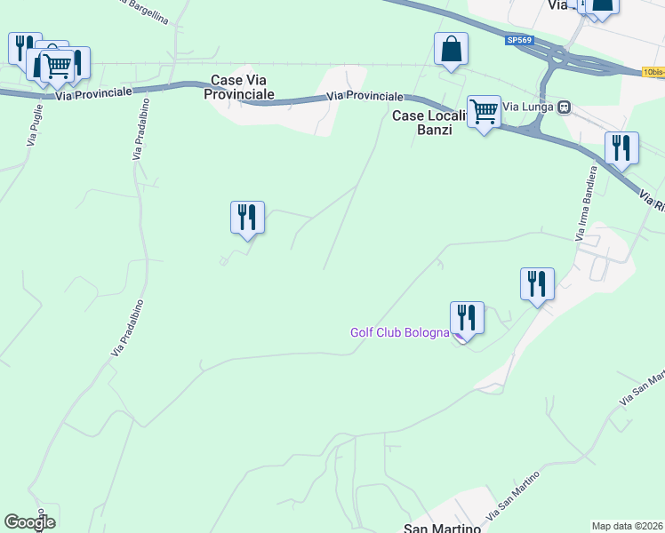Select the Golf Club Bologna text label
(x=399, y=332)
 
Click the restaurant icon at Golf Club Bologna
(x=467, y=317)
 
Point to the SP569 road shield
(x=519, y=40)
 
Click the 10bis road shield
(x=653, y=71)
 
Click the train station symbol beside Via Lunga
(x=564, y=107)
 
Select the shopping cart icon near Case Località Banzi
(x=484, y=112)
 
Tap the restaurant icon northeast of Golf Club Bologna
(x=537, y=283)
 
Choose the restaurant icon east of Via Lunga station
(x=621, y=147)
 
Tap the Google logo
(x=29, y=522)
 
